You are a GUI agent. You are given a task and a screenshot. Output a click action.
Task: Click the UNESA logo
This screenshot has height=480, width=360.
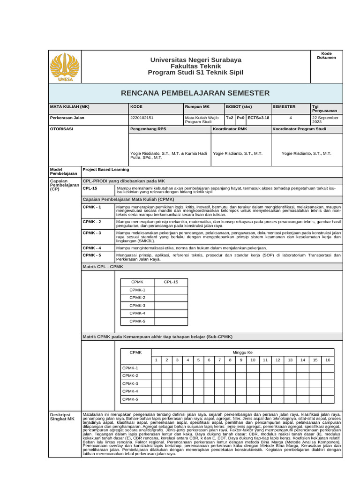tap(65, 67)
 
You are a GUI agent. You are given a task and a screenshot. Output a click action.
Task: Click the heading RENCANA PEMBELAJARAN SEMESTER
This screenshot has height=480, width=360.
tap(195, 93)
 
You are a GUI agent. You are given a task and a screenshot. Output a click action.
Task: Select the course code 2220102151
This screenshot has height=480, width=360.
tap(142, 118)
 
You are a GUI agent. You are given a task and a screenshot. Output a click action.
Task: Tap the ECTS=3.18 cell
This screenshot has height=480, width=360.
tap(258, 118)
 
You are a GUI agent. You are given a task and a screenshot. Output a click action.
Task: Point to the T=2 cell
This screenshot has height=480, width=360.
tap(229, 118)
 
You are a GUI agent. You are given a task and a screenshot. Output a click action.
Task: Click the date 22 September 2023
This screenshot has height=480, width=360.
tap(325, 120)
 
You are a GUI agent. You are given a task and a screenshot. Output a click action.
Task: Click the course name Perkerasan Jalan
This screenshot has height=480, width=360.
tap(67, 118)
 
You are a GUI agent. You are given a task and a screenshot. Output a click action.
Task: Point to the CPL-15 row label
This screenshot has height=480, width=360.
tap(90, 188)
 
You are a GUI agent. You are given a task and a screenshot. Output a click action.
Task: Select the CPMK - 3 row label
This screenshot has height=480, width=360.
tap(92, 232)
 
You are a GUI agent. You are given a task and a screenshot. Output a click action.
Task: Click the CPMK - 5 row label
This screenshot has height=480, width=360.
tap(92, 255)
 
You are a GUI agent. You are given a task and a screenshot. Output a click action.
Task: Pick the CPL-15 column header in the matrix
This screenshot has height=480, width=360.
tap(171, 282)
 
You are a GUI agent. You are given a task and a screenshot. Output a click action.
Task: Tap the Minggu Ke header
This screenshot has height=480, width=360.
tap(242, 352)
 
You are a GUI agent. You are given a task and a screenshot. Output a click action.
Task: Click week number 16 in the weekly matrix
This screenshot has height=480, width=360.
tap(328, 360)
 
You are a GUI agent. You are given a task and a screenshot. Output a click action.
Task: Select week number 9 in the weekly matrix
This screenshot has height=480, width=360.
tap(241, 360)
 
